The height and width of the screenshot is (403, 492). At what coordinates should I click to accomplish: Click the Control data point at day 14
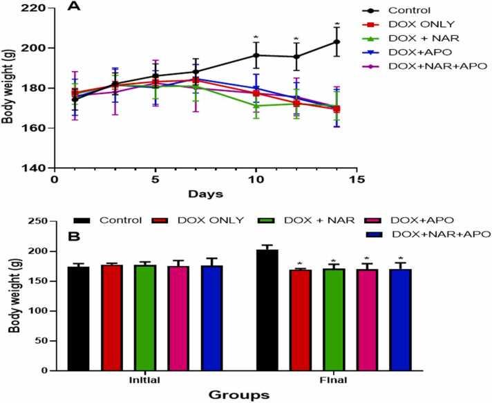(337, 41)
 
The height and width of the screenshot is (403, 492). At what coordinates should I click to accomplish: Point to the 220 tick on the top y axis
(35, 8)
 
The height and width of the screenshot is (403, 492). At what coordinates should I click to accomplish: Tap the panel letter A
(73, 7)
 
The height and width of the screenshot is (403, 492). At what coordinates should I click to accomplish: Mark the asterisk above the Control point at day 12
(296, 39)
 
